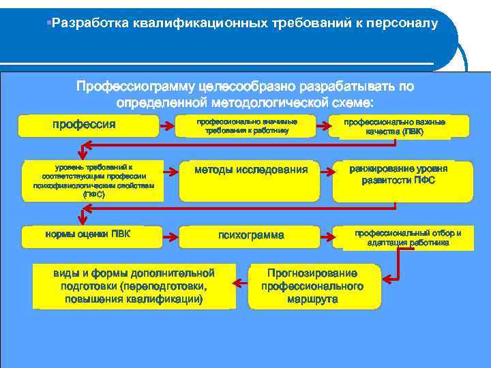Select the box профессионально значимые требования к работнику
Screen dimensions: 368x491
coord(247,125)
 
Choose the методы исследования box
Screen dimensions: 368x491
coord(251,170)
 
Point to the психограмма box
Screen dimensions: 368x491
coord(251,236)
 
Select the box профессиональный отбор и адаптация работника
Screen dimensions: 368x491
coord(407,237)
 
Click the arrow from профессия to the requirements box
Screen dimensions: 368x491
coord(168,125)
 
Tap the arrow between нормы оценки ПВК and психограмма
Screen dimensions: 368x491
coord(168,236)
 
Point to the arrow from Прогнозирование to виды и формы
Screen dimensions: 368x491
coord(241,283)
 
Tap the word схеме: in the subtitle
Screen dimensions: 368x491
coord(351,103)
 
